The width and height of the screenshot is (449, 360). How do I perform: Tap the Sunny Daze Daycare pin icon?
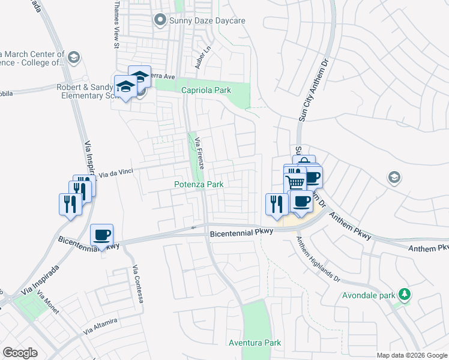point(160,21)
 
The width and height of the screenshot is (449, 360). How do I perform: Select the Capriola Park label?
point(206,90)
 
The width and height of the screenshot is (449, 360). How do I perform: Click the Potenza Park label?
point(199,185)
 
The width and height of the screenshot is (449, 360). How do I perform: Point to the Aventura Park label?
point(255,343)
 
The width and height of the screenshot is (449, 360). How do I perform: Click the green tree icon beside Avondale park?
point(406,293)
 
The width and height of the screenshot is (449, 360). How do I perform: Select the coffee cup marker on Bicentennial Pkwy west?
point(101,235)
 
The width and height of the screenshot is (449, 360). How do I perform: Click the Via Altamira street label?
point(100,326)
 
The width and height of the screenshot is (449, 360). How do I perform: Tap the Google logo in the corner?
point(20,353)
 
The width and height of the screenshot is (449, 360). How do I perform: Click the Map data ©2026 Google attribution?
point(411,355)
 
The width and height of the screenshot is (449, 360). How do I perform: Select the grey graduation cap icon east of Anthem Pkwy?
point(394,178)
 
